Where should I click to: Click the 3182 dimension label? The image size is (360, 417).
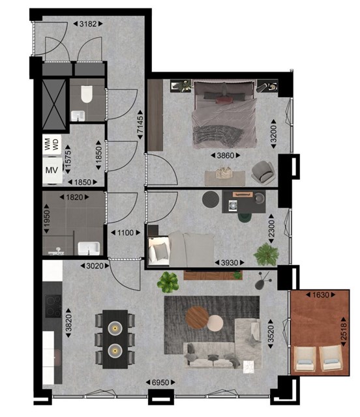click(88, 24)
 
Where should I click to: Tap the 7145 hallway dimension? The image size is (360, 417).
click(140, 124)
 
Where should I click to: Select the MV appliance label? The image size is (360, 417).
click(52, 170)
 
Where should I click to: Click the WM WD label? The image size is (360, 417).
click(52, 145)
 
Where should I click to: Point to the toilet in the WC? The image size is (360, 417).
click(87, 94)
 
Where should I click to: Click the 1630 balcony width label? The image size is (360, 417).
click(321, 295)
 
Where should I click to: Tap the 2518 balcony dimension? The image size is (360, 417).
click(344, 332)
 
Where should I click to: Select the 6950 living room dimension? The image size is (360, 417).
click(160, 382)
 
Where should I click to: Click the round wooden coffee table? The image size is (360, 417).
click(197, 318)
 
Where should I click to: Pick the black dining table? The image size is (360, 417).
click(115, 339)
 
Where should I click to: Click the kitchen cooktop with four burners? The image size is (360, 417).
click(53, 306)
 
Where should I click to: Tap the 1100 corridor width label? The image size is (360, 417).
click(125, 233)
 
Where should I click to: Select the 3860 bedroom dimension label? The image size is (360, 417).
click(225, 156)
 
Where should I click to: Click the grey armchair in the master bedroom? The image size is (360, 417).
click(263, 172)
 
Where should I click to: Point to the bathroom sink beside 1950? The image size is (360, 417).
click(89, 248)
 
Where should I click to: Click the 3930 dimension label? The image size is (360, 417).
click(230, 263)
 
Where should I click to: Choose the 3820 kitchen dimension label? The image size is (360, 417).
click(68, 323)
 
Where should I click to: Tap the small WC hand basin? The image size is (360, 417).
click(78, 116)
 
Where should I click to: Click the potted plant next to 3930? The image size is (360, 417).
click(266, 254)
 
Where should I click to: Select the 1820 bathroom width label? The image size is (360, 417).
click(74, 197)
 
